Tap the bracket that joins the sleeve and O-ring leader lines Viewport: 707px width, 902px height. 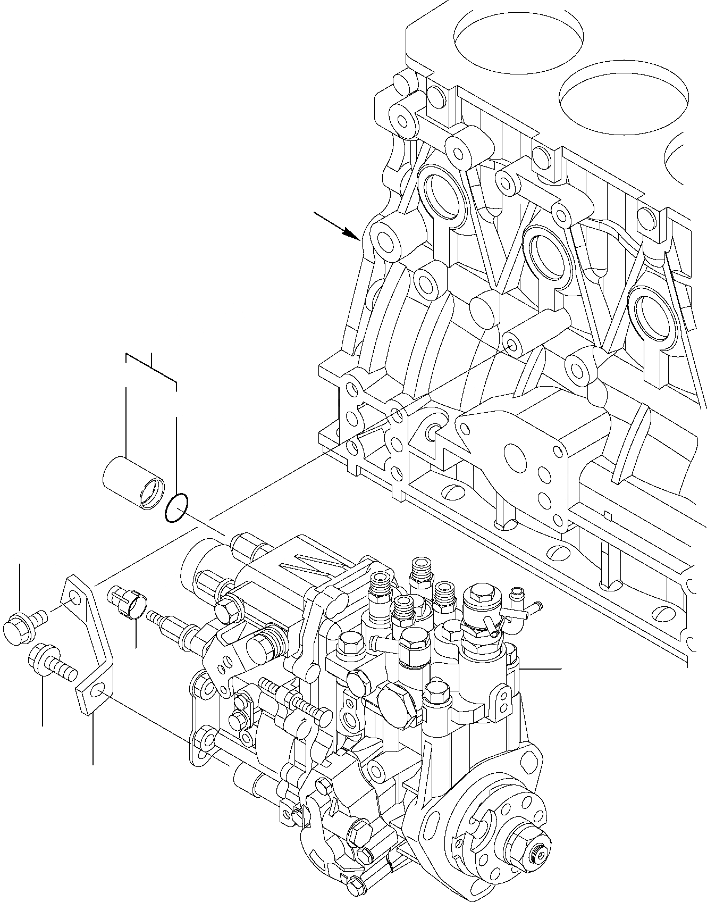coord(151,367)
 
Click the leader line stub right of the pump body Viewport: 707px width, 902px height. coord(542,669)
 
